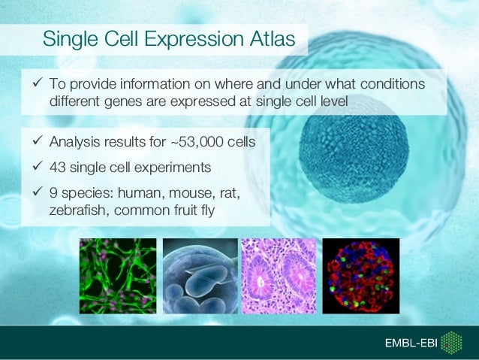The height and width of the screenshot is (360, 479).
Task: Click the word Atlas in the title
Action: [x=273, y=38]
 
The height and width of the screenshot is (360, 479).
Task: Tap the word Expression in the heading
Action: [x=194, y=40]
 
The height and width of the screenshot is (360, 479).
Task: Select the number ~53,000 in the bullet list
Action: [x=197, y=142]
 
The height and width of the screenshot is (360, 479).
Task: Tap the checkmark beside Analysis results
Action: [x=38, y=141]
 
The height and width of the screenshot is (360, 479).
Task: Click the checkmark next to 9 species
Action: [x=38, y=192]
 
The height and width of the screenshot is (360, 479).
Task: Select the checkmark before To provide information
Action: [x=38, y=82]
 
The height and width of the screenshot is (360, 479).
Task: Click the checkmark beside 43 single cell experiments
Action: [x=38, y=166]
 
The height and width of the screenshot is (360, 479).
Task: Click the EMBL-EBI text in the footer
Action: [x=411, y=343]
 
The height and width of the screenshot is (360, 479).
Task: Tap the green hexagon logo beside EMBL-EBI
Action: [x=451, y=343]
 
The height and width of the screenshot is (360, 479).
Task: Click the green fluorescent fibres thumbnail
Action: [x=118, y=276]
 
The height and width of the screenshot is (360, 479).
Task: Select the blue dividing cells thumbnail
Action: [x=200, y=276]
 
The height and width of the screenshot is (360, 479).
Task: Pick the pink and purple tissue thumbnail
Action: [x=279, y=276]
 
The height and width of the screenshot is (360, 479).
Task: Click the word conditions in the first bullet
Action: [x=393, y=84]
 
